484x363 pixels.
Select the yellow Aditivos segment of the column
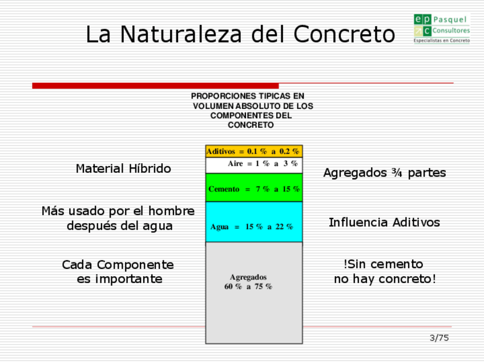254,151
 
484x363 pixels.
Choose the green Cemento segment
254,188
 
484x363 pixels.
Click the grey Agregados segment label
248,277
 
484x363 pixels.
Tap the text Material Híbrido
123,169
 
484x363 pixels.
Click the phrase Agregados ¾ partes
384,172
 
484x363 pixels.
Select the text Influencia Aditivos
384,223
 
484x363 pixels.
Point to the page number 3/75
439,338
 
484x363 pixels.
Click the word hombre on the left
175,211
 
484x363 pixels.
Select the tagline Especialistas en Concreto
442,41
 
